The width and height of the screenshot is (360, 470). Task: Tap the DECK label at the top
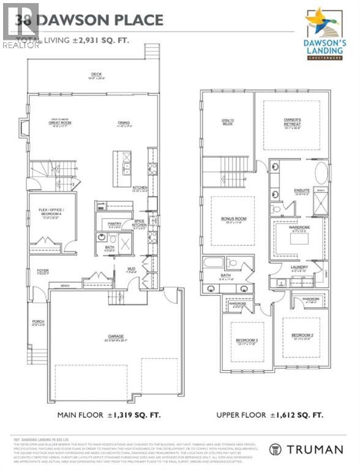pos(94,76)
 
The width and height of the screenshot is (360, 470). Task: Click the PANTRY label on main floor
pos(112,224)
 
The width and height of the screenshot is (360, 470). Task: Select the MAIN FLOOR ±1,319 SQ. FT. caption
pos(109,415)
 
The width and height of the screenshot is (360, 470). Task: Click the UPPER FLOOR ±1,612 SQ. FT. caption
pos(270,415)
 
